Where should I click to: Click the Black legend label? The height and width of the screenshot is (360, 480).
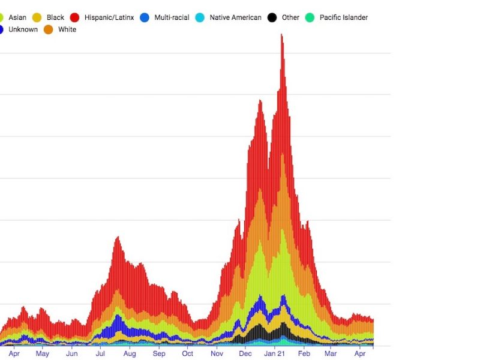[x=55, y=17]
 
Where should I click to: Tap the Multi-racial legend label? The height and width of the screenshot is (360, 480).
[x=172, y=17]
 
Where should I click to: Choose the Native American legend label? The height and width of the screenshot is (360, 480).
[x=235, y=17]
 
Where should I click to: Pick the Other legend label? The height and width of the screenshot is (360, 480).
[x=290, y=17]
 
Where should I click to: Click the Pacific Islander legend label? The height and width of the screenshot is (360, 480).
[x=343, y=17]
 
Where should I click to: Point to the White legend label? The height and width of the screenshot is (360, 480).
[x=67, y=29]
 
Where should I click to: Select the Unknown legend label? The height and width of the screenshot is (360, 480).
[x=23, y=29]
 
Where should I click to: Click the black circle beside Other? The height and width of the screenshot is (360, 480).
[x=272, y=17]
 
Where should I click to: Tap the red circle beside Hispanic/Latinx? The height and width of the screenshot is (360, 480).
[x=76, y=17]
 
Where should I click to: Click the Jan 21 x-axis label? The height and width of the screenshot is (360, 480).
[x=275, y=354]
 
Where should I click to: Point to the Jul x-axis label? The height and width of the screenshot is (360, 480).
[x=100, y=354]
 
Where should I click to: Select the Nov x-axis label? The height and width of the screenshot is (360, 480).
[x=217, y=354]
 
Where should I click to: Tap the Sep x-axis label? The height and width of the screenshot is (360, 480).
[x=159, y=354]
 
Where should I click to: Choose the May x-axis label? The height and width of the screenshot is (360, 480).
[x=43, y=354]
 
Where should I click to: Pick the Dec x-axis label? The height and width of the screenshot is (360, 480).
[x=245, y=354]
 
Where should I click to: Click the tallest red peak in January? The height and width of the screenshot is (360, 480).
[x=281, y=36]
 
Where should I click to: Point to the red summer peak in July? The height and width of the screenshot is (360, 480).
[x=117, y=239]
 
